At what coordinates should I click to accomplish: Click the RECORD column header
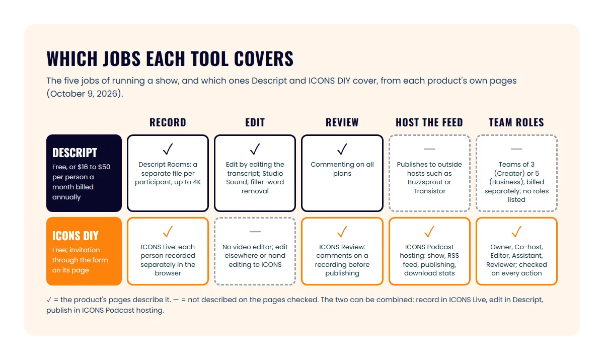(x=168, y=122)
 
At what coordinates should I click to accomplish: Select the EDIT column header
(x=255, y=122)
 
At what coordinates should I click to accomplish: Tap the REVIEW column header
(x=342, y=122)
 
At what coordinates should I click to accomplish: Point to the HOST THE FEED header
(x=429, y=122)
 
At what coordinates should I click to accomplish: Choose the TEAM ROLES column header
(x=516, y=122)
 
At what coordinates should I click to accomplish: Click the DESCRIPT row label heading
(x=74, y=153)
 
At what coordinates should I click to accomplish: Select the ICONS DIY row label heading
(x=75, y=236)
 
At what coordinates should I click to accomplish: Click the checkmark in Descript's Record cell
(x=168, y=149)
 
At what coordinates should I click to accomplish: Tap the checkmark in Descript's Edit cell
(x=255, y=149)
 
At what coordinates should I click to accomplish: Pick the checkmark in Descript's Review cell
(x=342, y=149)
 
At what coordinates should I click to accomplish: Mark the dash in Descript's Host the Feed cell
(x=429, y=149)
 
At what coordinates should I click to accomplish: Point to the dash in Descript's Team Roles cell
(x=516, y=149)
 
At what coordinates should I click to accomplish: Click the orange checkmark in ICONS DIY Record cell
(x=168, y=232)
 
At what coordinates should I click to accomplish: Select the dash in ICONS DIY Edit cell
(x=255, y=232)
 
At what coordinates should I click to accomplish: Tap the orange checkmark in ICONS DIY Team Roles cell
(x=516, y=232)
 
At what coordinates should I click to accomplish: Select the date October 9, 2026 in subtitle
(x=85, y=94)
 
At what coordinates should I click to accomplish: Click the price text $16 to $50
(x=94, y=167)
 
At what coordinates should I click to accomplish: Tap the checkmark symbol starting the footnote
(x=49, y=300)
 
